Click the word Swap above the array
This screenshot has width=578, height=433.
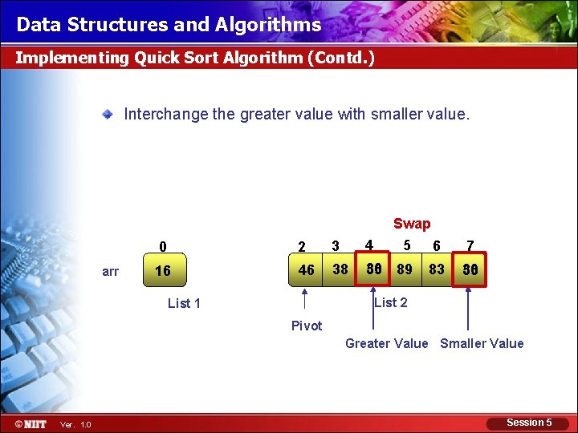(x=412, y=224)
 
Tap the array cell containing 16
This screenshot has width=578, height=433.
(x=163, y=271)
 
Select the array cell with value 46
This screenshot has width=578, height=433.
(x=306, y=270)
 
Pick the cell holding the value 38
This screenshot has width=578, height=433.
(x=340, y=269)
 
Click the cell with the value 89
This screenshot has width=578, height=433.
(x=405, y=269)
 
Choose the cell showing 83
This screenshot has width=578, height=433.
(x=437, y=269)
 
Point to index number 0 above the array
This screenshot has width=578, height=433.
(x=163, y=246)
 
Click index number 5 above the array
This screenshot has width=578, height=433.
(x=407, y=245)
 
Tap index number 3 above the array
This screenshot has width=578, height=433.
(x=336, y=245)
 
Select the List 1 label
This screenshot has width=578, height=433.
(x=184, y=303)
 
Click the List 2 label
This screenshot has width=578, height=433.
(x=391, y=302)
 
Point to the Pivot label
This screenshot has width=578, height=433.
(x=307, y=326)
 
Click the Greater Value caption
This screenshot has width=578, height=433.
(x=386, y=343)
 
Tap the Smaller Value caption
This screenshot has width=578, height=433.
(x=482, y=343)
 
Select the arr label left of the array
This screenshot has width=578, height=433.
(x=111, y=271)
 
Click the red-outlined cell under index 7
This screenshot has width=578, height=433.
(x=470, y=270)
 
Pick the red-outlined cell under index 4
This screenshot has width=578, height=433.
(x=373, y=269)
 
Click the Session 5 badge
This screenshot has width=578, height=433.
(x=529, y=423)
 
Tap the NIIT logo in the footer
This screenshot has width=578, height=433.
(x=30, y=423)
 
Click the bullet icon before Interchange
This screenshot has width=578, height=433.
(x=107, y=115)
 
